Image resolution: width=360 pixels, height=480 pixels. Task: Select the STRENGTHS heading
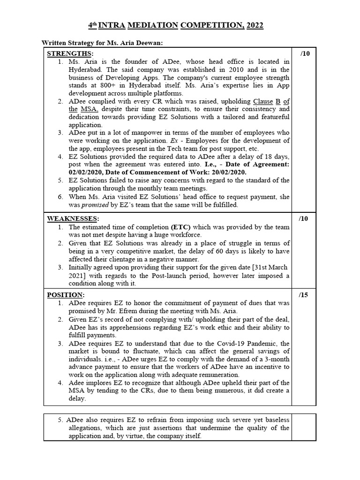pyautogui.click(x=69, y=53)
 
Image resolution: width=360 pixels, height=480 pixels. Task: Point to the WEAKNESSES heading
pyautogui.click(x=72, y=218)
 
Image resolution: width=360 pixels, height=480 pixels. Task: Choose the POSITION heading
pyautogui.click(x=65, y=295)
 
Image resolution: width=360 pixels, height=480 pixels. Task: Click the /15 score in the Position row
pyautogui.click(x=304, y=295)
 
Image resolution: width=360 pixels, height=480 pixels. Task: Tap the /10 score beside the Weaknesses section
pyautogui.click(x=304, y=218)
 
